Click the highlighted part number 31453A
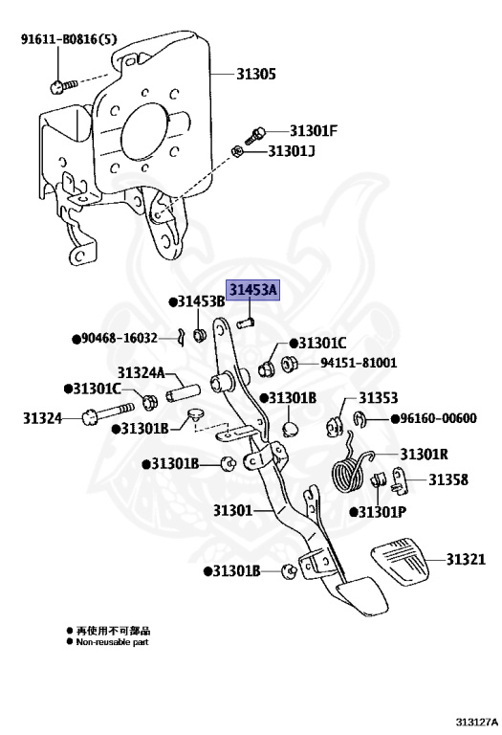pos(252,289)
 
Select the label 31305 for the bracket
pos(256,73)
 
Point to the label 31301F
pos(314,131)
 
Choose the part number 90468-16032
pos(119,338)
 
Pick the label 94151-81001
pos(358,363)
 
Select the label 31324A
pos(142,373)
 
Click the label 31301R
pos(425,454)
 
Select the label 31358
pos(447,479)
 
